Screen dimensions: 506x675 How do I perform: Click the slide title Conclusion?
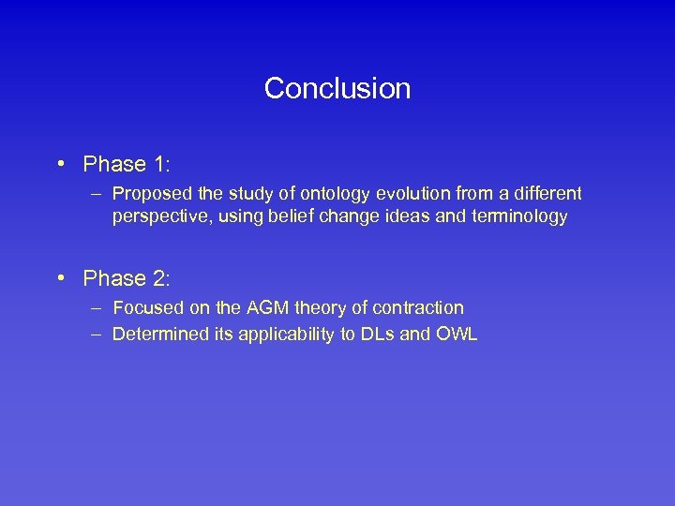pyautogui.click(x=337, y=88)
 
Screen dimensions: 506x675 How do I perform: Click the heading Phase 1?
pyautogui.click(x=127, y=165)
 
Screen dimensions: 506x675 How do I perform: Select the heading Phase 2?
pyautogui.click(x=127, y=278)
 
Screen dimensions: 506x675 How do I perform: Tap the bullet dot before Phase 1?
pyautogui.click(x=59, y=165)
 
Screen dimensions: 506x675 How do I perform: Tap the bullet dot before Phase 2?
pyautogui.click(x=59, y=278)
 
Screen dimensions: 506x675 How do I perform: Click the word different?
pyautogui.click(x=547, y=194)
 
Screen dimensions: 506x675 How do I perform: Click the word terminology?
pyautogui.click(x=521, y=216)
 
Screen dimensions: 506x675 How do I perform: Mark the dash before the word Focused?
pyautogui.click(x=97, y=307)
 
